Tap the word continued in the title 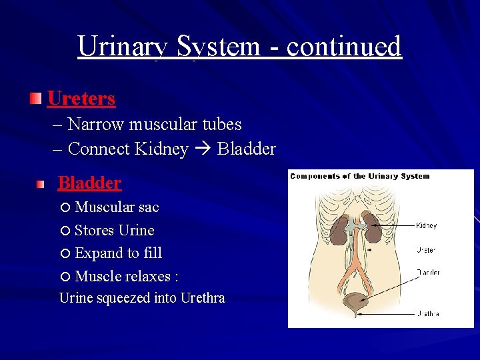pos(344,47)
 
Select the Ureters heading pos(81,99)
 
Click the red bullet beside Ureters pos(35,99)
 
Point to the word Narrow pos(96,125)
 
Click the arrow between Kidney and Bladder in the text pos(203,149)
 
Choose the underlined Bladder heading pos(89,183)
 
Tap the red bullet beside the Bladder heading pos(41,183)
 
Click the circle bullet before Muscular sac pos(65,208)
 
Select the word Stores pos(94,231)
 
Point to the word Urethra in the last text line pos(202,298)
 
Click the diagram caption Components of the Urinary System pos(360,177)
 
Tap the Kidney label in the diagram pos(427,225)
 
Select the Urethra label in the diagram pos(428,313)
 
